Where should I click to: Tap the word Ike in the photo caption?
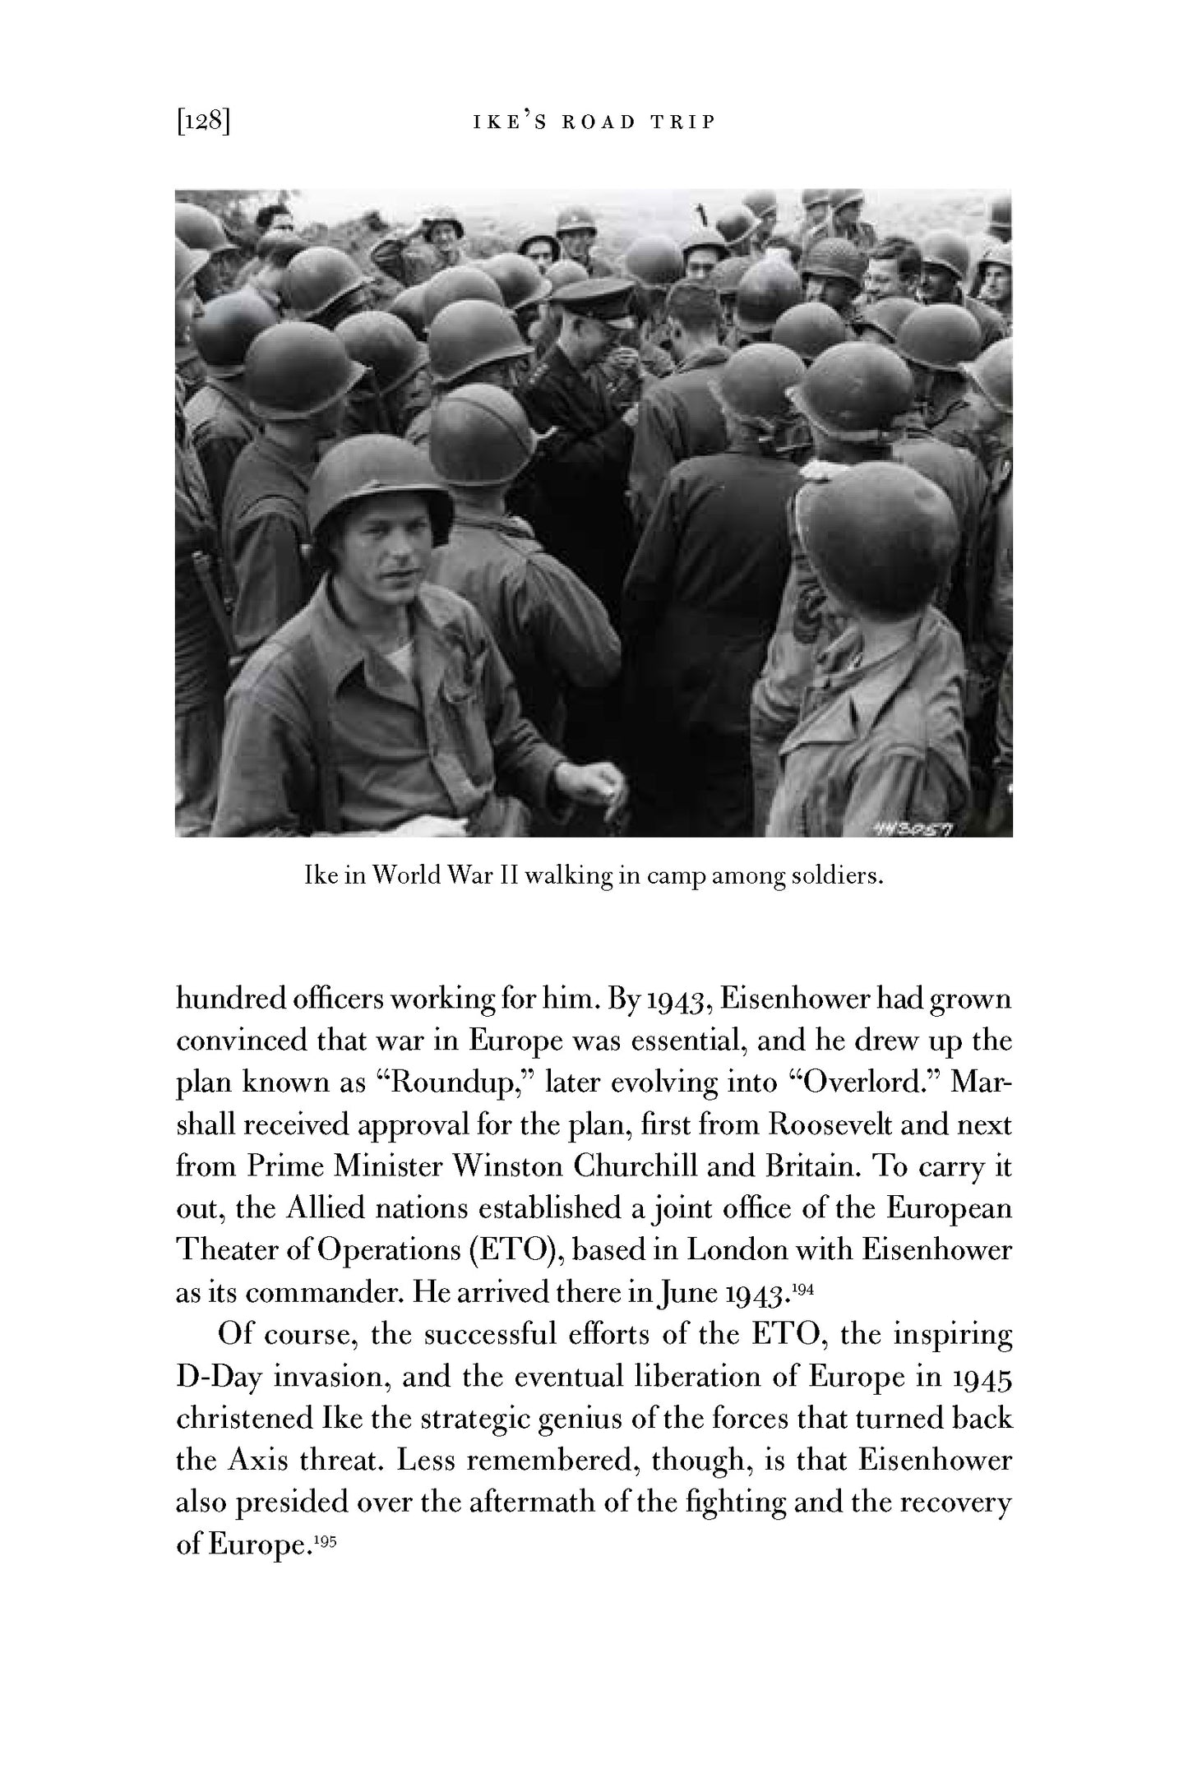pos(316,876)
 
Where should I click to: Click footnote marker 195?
pos(326,1539)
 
